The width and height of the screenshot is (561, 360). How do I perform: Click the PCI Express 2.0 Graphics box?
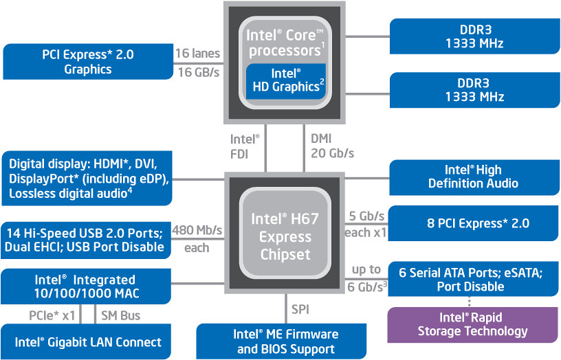click(x=88, y=62)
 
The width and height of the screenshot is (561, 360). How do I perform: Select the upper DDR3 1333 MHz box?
click(x=474, y=36)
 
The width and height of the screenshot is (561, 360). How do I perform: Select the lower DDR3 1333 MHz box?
click(x=474, y=90)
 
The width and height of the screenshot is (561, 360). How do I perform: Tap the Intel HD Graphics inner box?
click(x=286, y=80)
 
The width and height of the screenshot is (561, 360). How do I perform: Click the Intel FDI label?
click(x=245, y=146)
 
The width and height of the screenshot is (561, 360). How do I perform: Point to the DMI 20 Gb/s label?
click(x=332, y=146)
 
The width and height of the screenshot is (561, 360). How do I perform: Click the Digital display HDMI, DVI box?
click(x=88, y=179)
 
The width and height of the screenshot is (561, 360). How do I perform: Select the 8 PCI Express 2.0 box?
click(x=474, y=223)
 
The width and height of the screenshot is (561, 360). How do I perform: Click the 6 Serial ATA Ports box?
click(x=474, y=279)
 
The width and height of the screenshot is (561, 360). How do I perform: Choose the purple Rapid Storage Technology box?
click(x=473, y=325)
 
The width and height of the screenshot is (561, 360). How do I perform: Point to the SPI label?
click(x=300, y=309)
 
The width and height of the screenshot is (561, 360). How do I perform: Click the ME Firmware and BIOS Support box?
click(x=286, y=341)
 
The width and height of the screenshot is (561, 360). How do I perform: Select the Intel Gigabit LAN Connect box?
click(x=88, y=341)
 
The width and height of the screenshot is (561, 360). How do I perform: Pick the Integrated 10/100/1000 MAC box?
click(x=85, y=286)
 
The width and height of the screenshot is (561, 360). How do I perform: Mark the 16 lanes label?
click(x=197, y=54)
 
